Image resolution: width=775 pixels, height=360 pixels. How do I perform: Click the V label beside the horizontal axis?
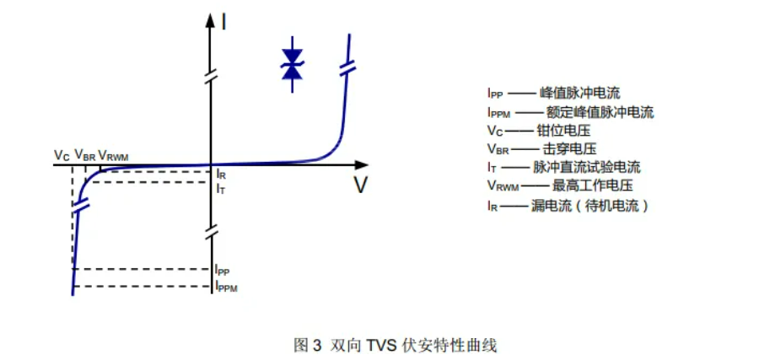[360, 185]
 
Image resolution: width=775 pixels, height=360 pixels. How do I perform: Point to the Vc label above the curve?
[62, 155]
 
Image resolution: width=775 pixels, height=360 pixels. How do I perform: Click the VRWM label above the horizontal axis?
[115, 155]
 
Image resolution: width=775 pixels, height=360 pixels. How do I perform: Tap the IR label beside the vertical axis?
[221, 174]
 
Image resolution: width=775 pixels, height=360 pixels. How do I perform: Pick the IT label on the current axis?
[220, 190]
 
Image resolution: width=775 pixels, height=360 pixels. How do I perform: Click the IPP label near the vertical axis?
[223, 270]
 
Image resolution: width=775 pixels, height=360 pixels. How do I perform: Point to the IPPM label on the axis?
[226, 287]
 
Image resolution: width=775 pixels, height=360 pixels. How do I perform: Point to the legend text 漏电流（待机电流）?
[593, 205]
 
